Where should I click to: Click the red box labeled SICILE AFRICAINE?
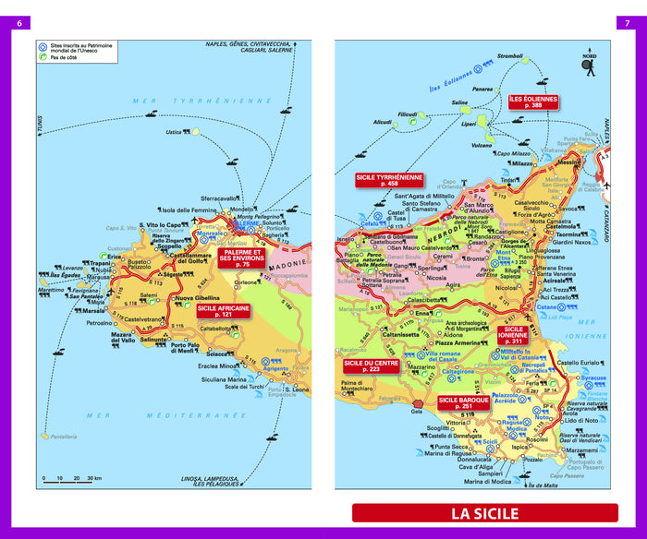(223, 312)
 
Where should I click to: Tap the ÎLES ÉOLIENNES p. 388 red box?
(533, 102)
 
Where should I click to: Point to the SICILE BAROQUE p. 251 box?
(463, 402)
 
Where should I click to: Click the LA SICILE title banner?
(484, 513)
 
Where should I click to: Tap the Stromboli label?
(510, 56)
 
